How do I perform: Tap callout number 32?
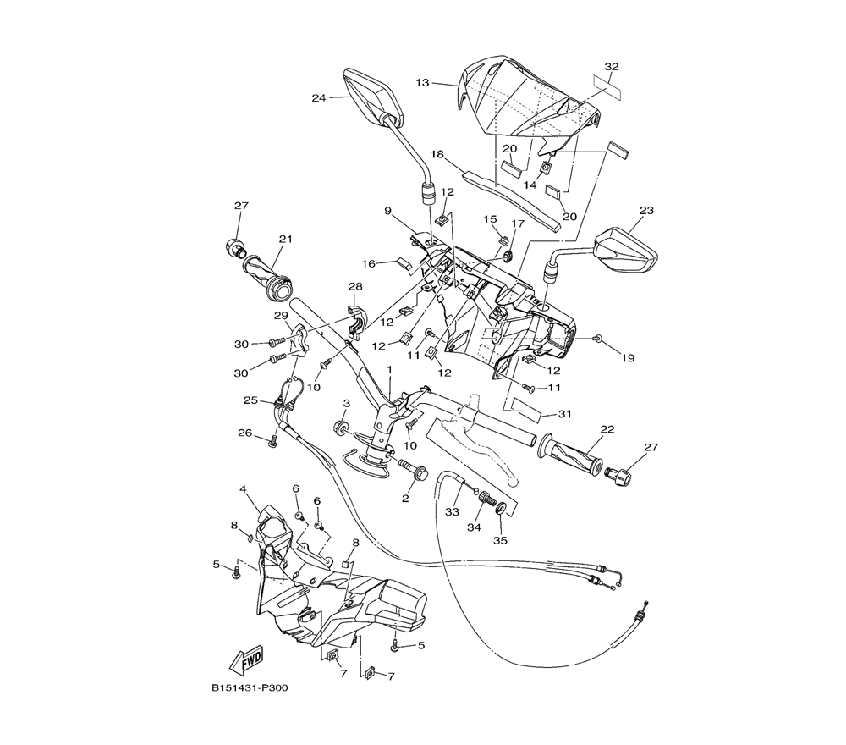tap(612, 66)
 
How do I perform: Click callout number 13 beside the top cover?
tap(422, 83)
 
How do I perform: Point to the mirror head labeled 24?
tap(373, 97)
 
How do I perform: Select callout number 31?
tap(564, 414)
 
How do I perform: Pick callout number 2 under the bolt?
tap(405, 499)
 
